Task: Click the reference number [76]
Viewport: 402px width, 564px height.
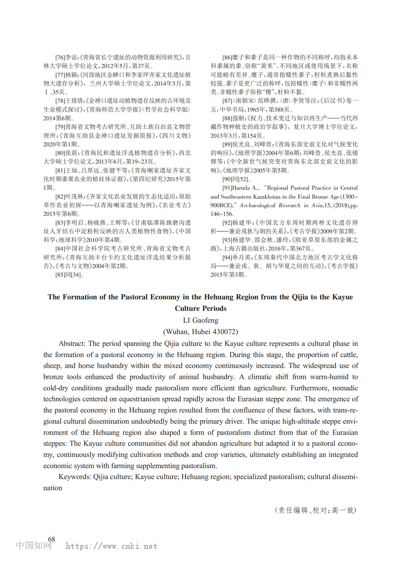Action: tap(60, 57)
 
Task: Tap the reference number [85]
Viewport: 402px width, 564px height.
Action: tap(60, 275)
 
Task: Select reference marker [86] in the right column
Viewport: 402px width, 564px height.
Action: tap(227, 57)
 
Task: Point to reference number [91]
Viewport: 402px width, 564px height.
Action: tap(227, 188)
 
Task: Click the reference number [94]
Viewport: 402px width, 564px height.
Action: tap(227, 257)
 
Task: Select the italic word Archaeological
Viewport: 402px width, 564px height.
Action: tap(257, 206)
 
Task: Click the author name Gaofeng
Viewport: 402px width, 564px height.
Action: tap(205, 320)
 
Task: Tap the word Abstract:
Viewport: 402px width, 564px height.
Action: tap(72, 344)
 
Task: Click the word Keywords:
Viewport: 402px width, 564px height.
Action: tap(75, 477)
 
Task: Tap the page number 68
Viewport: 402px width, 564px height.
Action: tap(52, 539)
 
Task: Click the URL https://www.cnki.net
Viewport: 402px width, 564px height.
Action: tap(111, 546)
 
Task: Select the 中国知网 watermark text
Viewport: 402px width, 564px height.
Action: tap(34, 545)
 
